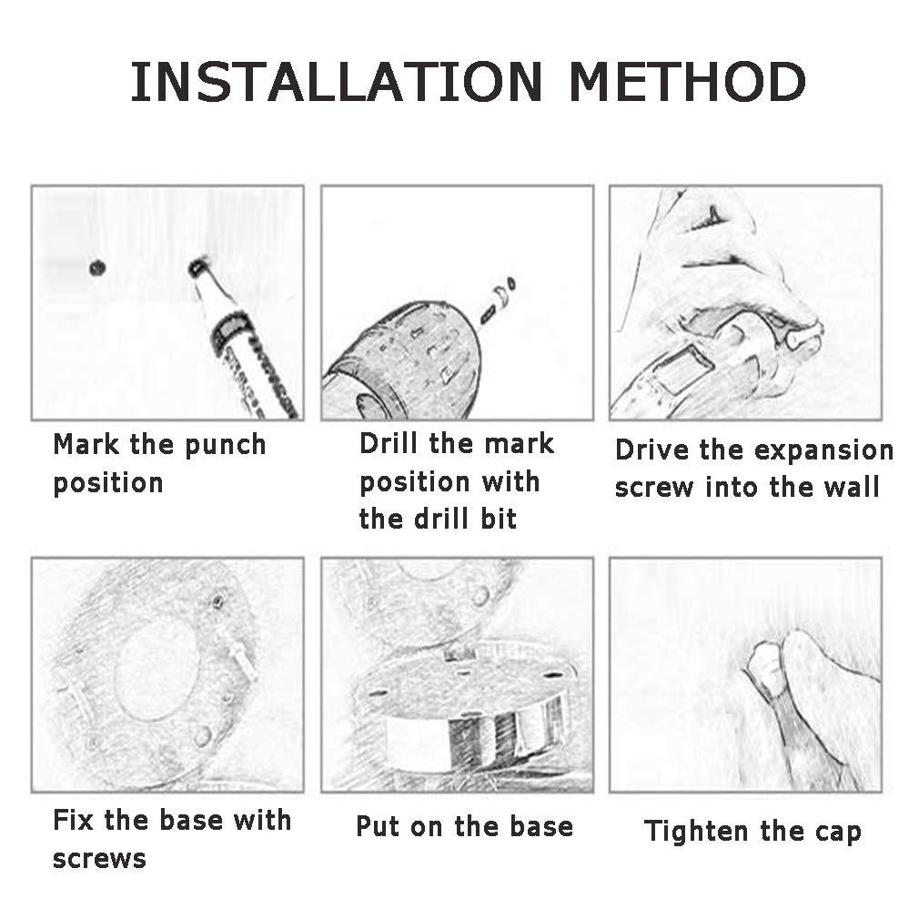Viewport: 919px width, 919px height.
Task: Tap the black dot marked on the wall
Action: click(x=97, y=268)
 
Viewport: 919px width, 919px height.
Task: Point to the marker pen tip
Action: click(x=198, y=267)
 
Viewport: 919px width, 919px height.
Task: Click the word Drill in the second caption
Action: click(x=389, y=444)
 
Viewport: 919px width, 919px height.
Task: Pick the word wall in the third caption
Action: click(x=853, y=487)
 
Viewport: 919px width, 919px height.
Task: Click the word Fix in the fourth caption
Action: click(x=73, y=819)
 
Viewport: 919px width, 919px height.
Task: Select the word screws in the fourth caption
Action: click(x=99, y=859)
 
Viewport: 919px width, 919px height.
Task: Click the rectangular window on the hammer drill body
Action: click(x=682, y=369)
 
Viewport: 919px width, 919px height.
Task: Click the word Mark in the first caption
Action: click(x=86, y=444)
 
